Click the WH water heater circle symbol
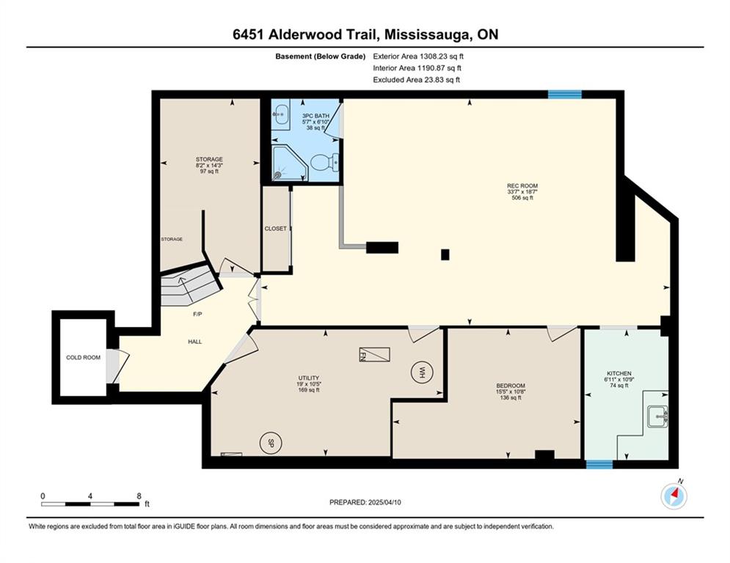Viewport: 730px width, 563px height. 423,372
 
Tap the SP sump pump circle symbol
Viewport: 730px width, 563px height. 271,444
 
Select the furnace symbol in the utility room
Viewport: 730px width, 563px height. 374,355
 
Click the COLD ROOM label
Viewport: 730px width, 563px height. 84,357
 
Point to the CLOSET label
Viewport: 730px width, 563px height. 276,229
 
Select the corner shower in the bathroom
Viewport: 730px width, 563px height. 290,163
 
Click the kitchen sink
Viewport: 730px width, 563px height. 657,416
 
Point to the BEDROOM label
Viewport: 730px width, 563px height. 511,386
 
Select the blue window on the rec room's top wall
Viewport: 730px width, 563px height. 565,95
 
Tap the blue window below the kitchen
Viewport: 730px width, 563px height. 599,464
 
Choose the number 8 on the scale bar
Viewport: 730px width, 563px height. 139,496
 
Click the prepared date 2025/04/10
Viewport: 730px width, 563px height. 384,502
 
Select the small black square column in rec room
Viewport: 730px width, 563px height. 445,254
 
